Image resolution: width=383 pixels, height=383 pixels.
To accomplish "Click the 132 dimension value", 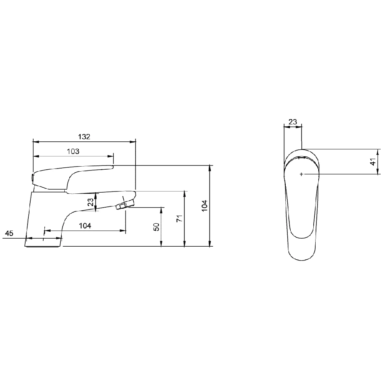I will coord(84,137).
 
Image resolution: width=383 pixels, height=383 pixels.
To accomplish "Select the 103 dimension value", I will coord(73,151).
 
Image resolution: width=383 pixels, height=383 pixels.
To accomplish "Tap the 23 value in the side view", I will coord(91,202).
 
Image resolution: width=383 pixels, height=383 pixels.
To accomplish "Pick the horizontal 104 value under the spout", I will coord(85,226).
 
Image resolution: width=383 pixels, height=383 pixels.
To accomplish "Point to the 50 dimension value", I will coord(156,227).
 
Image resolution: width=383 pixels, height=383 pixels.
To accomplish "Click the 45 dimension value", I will coord(9,233).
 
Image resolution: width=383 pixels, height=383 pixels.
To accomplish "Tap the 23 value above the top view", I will coord(292,122).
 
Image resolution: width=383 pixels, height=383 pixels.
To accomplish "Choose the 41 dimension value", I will coord(373,161).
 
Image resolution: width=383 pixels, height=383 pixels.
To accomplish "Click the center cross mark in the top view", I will coord(302,174).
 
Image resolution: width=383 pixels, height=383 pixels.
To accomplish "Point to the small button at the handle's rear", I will coord(33,178).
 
